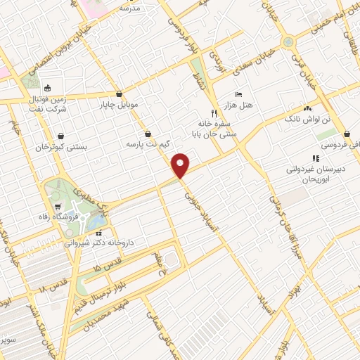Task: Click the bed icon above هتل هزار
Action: click(x=240, y=94)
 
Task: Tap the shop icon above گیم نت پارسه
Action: click(x=148, y=134)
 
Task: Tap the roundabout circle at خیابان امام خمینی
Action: click(x=288, y=41)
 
